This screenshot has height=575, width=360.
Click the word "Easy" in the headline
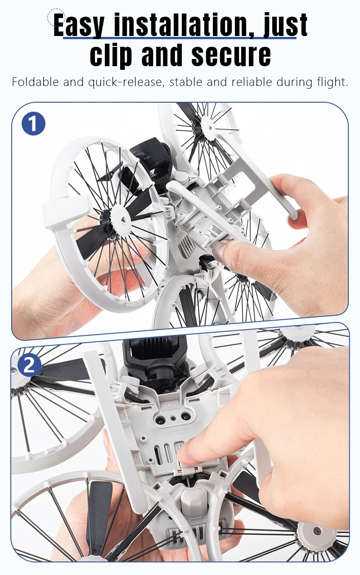click(x=79, y=25)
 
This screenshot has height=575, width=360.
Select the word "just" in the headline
click(x=285, y=25)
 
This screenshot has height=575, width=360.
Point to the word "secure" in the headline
click(x=231, y=55)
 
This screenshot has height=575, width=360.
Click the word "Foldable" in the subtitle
click(x=36, y=82)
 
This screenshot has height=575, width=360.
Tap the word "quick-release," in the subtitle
click(x=126, y=82)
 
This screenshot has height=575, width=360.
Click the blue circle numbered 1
click(x=33, y=123)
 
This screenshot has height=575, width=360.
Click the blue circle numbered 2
click(x=29, y=365)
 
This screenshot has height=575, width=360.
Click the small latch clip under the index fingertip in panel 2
click(x=186, y=470)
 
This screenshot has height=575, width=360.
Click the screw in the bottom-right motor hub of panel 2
click(x=317, y=530)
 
